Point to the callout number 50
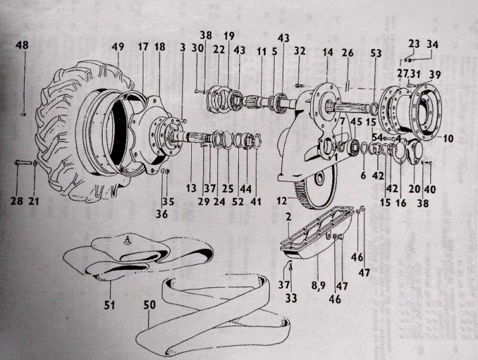point(149,304)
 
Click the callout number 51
point(109,305)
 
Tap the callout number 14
point(327,53)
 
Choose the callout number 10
point(448,138)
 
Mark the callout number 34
point(432,44)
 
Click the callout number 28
point(17,201)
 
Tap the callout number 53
point(375,53)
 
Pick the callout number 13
point(191,188)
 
